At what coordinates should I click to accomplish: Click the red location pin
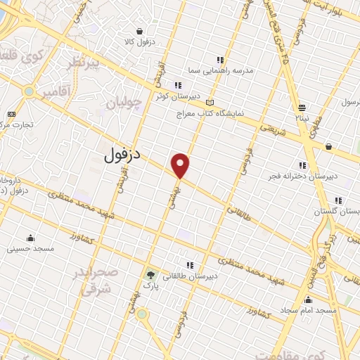click(x=181, y=165)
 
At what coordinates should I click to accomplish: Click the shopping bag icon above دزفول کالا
click(x=141, y=32)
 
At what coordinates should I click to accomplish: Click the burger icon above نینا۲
click(x=302, y=107)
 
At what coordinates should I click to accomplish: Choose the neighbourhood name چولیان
click(x=124, y=105)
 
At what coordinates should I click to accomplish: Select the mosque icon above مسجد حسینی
click(x=30, y=237)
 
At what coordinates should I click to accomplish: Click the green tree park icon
click(x=149, y=274)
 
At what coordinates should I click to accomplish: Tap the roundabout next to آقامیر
click(x=29, y=91)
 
